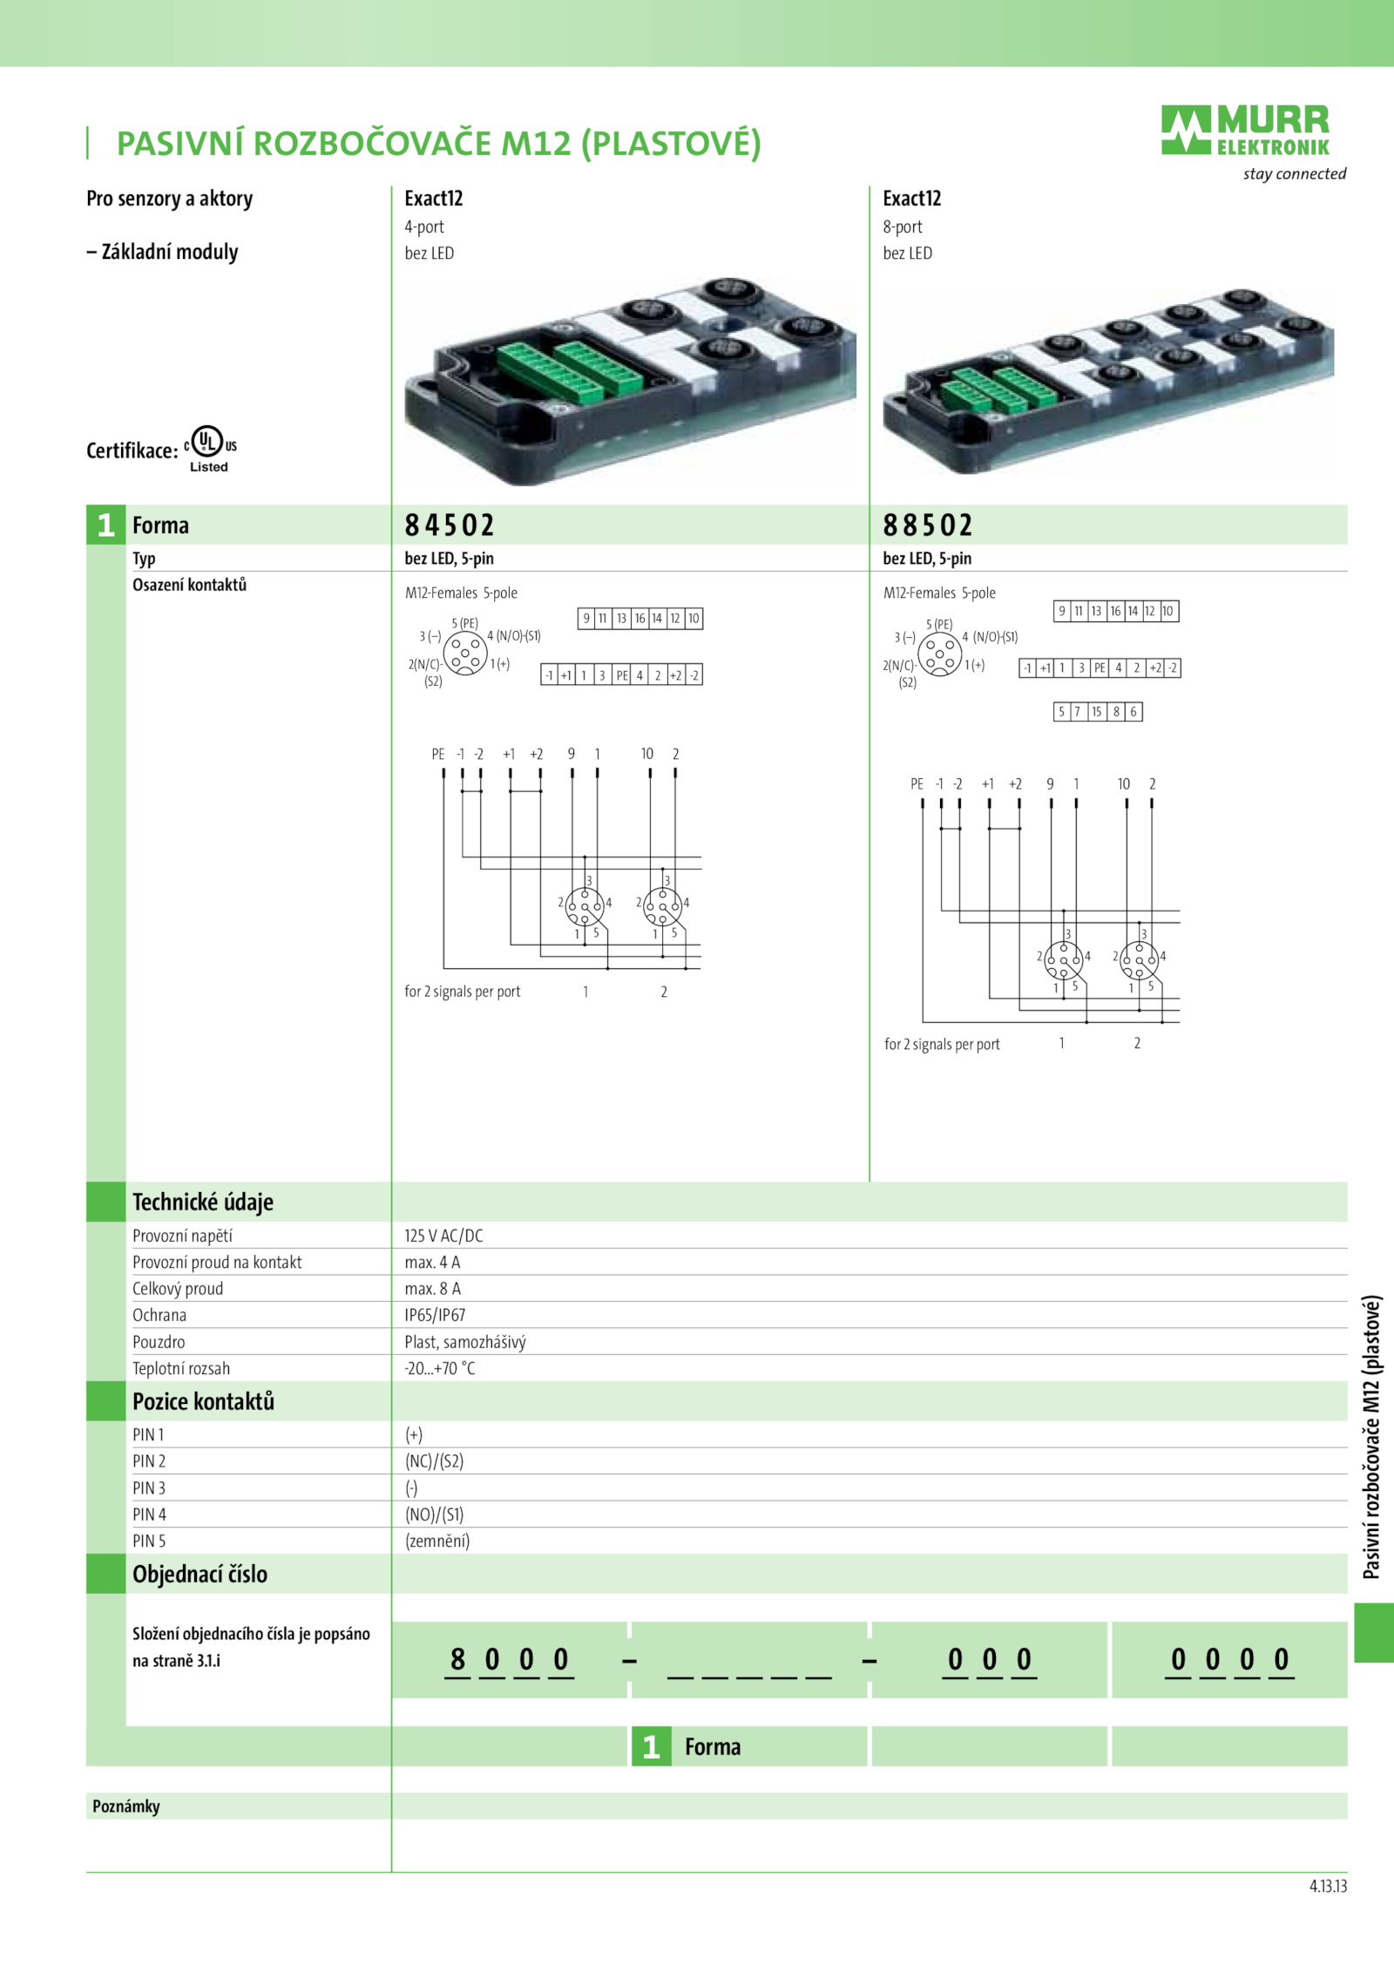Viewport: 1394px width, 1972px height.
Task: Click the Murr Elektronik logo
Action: [1246, 131]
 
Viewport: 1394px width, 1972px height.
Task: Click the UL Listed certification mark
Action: [210, 448]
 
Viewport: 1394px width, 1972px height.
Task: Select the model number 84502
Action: [450, 525]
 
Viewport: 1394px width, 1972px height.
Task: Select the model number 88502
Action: [928, 525]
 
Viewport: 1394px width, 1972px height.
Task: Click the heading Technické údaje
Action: [203, 1202]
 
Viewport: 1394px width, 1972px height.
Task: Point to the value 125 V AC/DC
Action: [443, 1236]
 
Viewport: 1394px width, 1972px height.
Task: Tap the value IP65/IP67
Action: [435, 1315]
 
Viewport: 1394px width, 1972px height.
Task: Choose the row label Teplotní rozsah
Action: [181, 1368]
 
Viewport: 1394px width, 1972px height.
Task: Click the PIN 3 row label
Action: [149, 1487]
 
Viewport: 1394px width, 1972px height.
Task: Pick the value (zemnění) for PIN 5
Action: [437, 1541]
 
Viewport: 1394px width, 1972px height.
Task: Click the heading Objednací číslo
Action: [200, 1574]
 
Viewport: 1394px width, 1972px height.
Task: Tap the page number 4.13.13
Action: [1328, 1886]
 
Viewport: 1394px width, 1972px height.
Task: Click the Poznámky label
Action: [126, 1806]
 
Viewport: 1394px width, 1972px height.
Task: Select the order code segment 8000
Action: [510, 1659]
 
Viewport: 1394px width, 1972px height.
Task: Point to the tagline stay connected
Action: [1295, 173]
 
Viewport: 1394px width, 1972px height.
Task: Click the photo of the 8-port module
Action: [1108, 382]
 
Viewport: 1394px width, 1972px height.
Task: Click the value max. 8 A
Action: [432, 1289]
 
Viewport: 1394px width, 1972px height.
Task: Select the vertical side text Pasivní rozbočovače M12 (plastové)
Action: [1371, 1437]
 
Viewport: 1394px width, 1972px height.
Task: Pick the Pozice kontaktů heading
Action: [203, 1401]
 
